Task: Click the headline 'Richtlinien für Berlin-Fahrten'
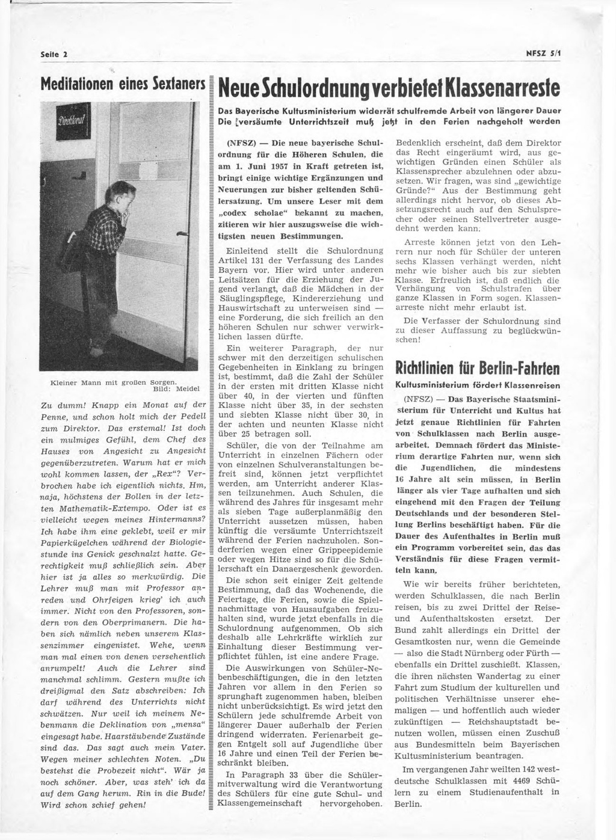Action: (x=477, y=367)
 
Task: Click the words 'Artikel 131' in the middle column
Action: (x=243, y=260)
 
